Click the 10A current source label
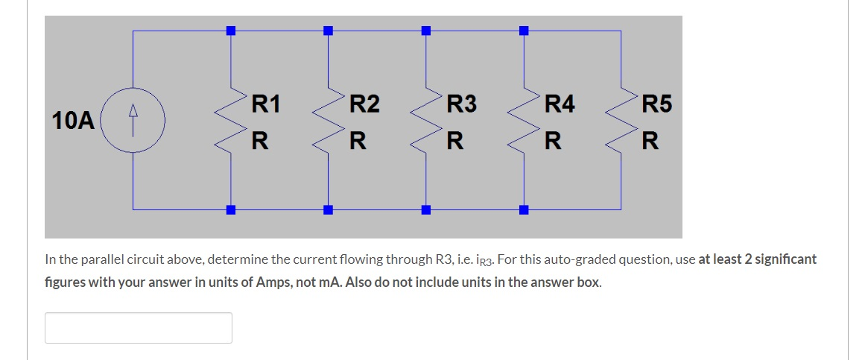[x=73, y=120]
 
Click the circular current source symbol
[x=133, y=120]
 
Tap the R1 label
[x=265, y=104]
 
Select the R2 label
[x=364, y=104]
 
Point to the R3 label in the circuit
[x=461, y=104]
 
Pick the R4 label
[x=560, y=104]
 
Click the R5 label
[x=656, y=104]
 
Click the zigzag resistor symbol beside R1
[x=230, y=120]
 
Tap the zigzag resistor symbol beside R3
[x=425, y=120]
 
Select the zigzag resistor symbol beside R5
[x=621, y=120]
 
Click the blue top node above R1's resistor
[x=230, y=31]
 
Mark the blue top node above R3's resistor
[x=425, y=31]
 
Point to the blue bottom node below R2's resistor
[x=328, y=209]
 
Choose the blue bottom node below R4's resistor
[x=523, y=209]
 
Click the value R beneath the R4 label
[x=552, y=140]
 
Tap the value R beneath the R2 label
[x=358, y=140]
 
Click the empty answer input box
[x=139, y=328]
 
